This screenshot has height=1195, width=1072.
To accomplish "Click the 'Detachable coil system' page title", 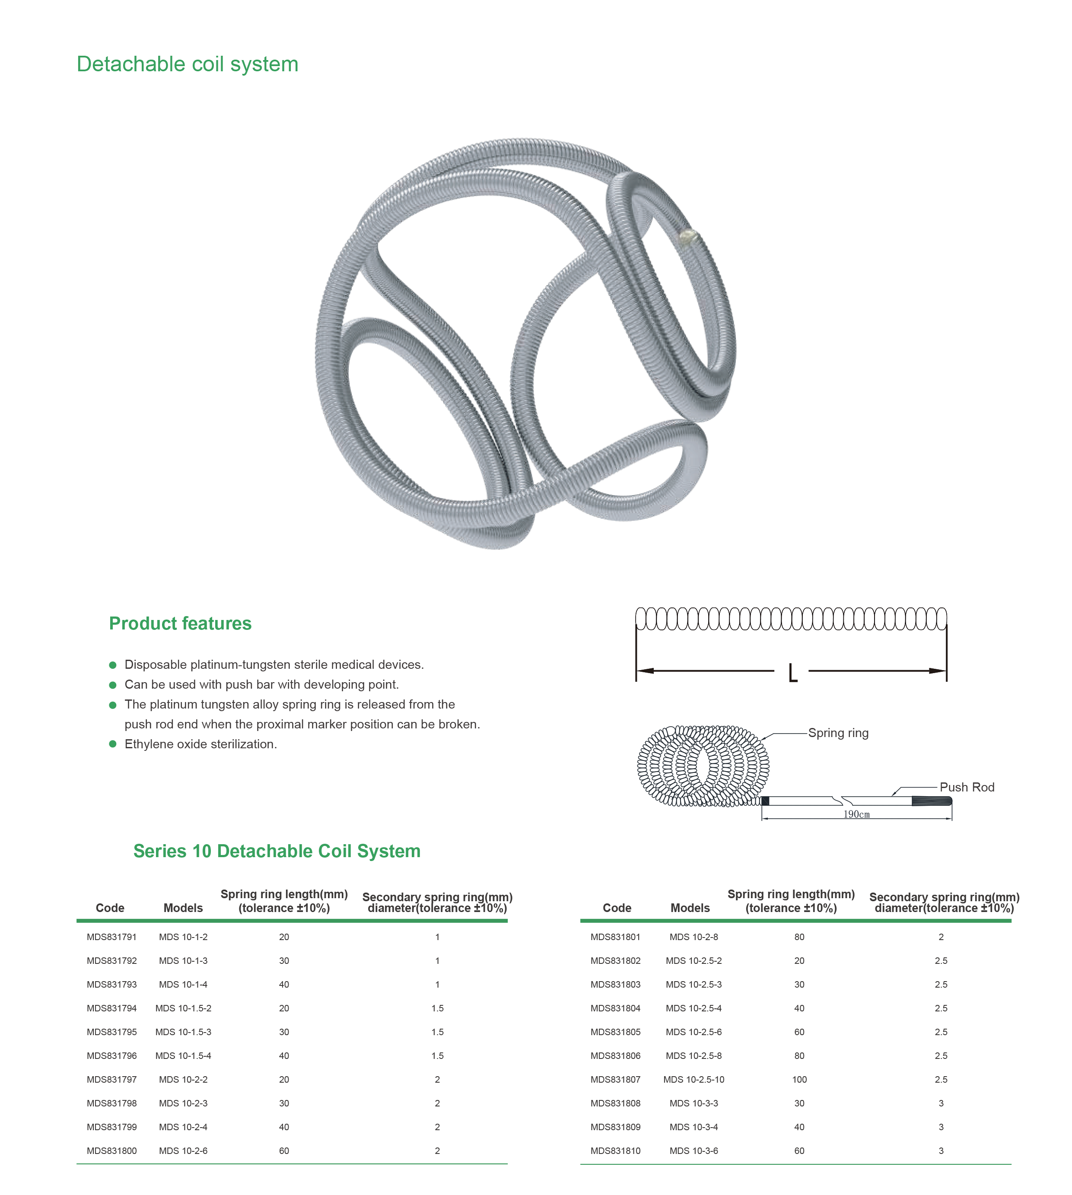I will pyautogui.click(x=187, y=64).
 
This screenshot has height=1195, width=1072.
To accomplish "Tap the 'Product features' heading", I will pyautogui.click(x=180, y=623).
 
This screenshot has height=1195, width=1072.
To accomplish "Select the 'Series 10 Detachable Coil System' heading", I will pyautogui.click(x=277, y=851).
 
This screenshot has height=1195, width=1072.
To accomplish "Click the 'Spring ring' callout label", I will pyautogui.click(x=838, y=733).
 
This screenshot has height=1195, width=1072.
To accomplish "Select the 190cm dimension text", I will pyautogui.click(x=856, y=814).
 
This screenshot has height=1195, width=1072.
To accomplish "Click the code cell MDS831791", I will pyautogui.click(x=111, y=937).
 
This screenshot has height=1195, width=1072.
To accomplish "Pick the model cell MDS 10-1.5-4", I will pyautogui.click(x=183, y=1056).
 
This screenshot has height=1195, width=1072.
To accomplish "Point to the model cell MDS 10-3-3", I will pyautogui.click(x=694, y=1103).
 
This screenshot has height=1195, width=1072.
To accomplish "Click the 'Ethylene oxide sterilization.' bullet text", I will pyautogui.click(x=200, y=744).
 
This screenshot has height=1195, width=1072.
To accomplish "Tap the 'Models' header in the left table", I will pyautogui.click(x=183, y=908).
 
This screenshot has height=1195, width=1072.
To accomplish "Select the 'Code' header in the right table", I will pyautogui.click(x=617, y=908).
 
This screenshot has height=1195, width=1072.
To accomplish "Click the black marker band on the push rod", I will pyautogui.click(x=765, y=801).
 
